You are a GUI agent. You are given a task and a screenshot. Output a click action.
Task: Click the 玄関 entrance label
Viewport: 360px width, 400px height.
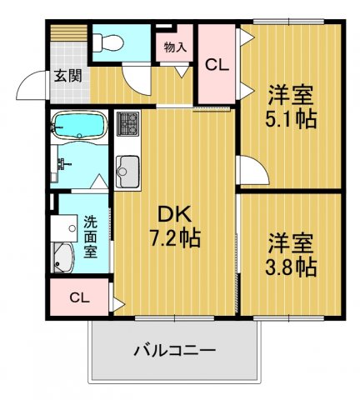point(67,74)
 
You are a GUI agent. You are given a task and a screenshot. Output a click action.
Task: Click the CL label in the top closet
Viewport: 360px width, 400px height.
point(216,64)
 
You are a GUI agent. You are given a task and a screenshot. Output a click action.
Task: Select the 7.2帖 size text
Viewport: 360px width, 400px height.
point(172,238)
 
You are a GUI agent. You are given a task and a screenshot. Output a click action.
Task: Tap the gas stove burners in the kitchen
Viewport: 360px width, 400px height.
point(128,127)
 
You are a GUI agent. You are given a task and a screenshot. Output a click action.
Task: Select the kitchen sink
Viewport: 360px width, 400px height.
point(127,172)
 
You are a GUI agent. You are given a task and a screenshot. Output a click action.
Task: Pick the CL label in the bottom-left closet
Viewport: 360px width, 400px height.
point(79,297)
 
